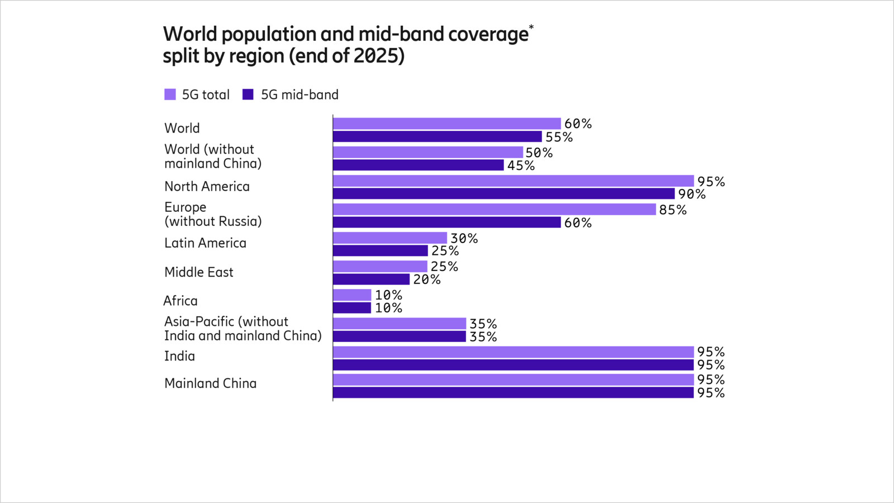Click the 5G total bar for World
pos(446,124)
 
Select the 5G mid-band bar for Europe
pos(446,222)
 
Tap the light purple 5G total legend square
pos(170,94)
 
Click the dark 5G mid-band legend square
pos(248,94)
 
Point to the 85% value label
pos(673,210)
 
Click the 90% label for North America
pos(692,194)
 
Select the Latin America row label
pos(205,243)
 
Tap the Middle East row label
pos(199,272)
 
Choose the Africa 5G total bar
pos(352,295)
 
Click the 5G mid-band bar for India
pos(513,365)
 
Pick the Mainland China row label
pos(210,383)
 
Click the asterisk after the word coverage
pos(531,27)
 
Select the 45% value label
pos(521,166)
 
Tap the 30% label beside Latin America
pos(464,239)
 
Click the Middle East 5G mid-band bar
pos(371,279)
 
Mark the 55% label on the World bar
pos(559,137)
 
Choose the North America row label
pos(207,187)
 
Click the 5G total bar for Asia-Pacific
pos(399,324)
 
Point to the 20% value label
pos(427,280)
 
